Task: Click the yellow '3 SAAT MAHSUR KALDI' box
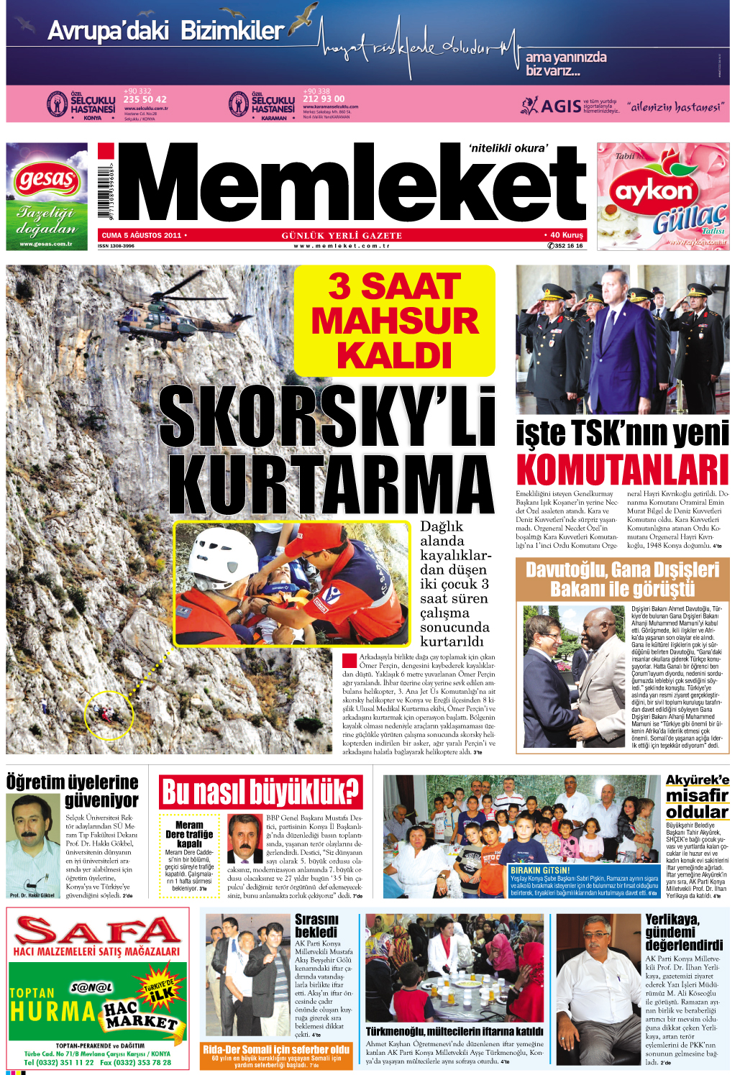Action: [394, 321]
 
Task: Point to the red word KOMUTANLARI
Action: [622, 470]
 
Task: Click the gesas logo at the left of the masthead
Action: [46, 179]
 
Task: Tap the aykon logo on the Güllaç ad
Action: [653, 192]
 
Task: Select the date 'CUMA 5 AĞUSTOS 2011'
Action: [142, 235]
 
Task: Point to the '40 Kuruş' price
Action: [565, 235]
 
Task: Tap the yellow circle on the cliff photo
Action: [109, 714]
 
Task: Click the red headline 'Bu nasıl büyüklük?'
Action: [260, 792]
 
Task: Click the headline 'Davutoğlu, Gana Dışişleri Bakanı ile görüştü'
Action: [622, 580]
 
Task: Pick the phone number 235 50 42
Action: [145, 99]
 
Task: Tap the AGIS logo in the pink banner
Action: [552, 106]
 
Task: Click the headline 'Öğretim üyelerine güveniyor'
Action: [73, 791]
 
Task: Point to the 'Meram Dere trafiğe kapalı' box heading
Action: [189, 834]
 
